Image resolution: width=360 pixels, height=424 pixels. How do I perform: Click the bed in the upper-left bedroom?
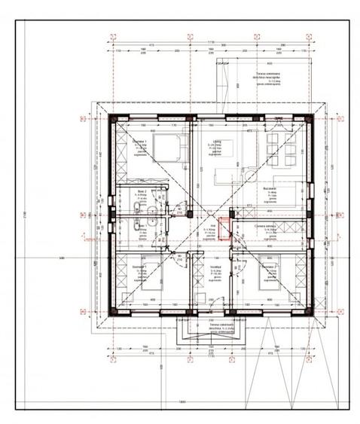click(165, 146)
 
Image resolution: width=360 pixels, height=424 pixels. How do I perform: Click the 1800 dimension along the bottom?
click(182, 401)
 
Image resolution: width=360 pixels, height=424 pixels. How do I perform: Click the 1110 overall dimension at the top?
click(212, 42)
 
